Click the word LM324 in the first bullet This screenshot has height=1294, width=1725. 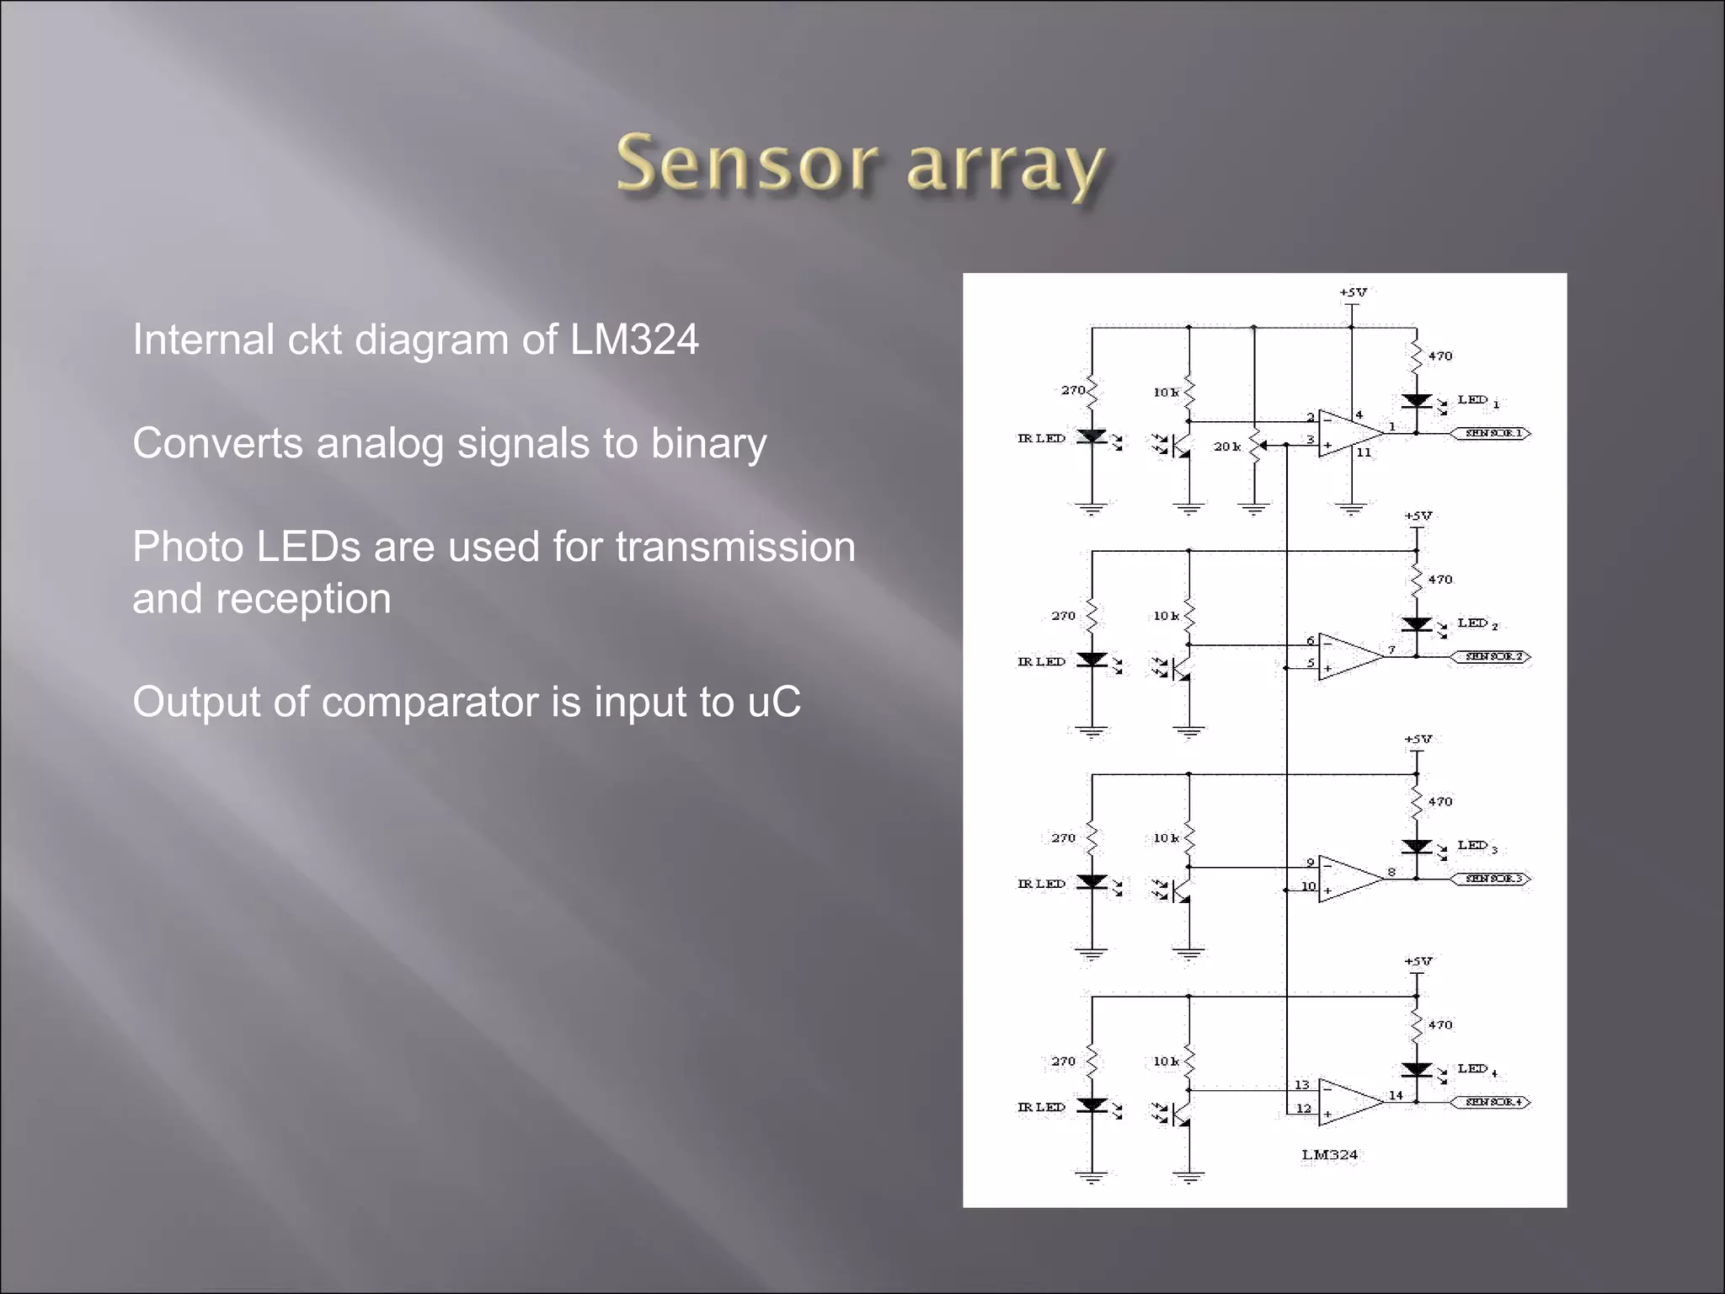coord(634,340)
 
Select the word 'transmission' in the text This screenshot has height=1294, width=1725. coord(735,547)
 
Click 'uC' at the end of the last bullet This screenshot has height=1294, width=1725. coord(774,702)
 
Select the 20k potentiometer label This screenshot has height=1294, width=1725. coord(1226,446)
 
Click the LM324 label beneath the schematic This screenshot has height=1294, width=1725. coord(1330,1155)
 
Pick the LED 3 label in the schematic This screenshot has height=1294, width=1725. coord(1477,846)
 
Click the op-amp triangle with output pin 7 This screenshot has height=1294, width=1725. coord(1348,656)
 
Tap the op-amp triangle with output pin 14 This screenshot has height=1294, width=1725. coord(1348,1102)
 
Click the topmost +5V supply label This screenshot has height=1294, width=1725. coord(1353,292)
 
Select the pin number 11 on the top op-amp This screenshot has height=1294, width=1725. coord(1364,452)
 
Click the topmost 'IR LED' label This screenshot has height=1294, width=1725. coord(1041,438)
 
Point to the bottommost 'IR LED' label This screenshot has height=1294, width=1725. coord(1041,1107)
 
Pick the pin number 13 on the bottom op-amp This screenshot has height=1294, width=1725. coord(1302,1084)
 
